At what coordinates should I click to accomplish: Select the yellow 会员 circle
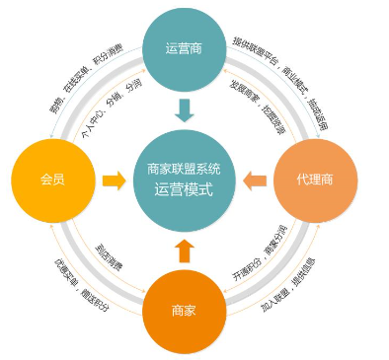(51, 181)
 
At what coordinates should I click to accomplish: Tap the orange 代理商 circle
(315, 181)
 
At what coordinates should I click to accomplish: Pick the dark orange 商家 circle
(184, 310)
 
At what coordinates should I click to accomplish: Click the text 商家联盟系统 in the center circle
(185, 169)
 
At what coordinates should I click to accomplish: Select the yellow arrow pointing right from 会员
(114, 181)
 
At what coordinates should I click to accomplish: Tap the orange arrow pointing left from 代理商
(254, 181)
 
